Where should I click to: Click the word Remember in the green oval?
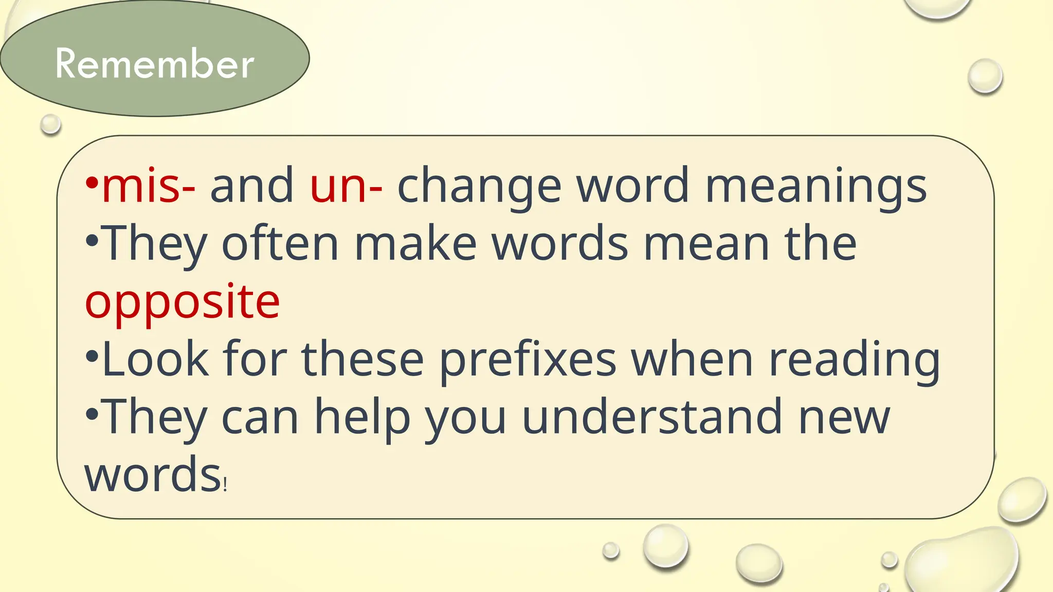[x=154, y=64]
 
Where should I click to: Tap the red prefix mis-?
[x=149, y=186]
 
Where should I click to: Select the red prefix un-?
[x=346, y=186]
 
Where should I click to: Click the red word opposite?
[x=183, y=302]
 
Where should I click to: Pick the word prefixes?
[x=528, y=360]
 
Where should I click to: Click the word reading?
[x=854, y=360]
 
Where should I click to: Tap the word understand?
[x=652, y=417]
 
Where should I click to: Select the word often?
[x=280, y=244]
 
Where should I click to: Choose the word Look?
[x=155, y=360]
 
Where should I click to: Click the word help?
[x=362, y=417]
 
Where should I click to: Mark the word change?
[x=479, y=186]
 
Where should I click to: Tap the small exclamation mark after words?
[x=225, y=484]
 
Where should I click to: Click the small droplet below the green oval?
[x=50, y=124]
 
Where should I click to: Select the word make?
[x=415, y=244]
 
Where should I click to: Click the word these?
[x=362, y=360]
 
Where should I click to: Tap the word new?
[x=844, y=417]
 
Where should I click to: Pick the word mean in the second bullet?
[x=706, y=244]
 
